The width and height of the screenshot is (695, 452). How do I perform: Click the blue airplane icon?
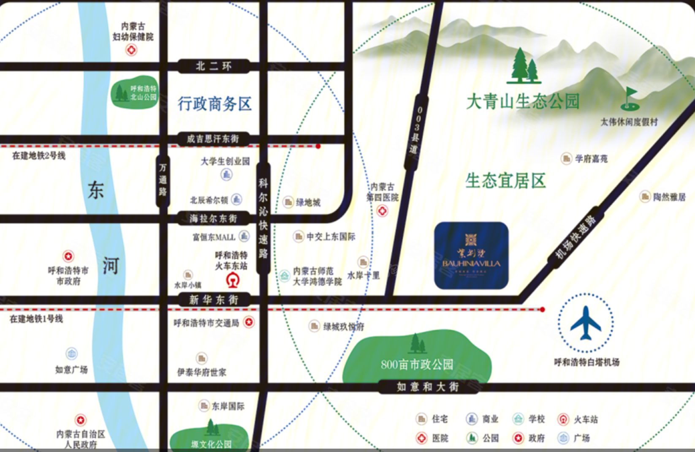pos(586,323)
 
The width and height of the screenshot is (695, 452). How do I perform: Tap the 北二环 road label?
pos(214,66)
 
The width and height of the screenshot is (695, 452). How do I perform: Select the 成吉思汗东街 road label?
pos(213,139)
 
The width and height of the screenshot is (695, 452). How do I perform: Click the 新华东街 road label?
pos(214,300)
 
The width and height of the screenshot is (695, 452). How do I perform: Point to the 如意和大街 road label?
pos(428,387)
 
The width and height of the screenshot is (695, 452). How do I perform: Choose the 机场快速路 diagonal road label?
pos(576,237)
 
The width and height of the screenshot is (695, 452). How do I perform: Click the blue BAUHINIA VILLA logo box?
pos(471,256)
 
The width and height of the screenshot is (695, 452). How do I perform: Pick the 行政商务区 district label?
pos(214,104)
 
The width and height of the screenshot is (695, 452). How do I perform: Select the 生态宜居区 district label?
pos(505,181)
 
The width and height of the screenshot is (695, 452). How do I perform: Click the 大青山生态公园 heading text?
pos(523,102)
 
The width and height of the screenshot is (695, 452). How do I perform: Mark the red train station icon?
pos(233,280)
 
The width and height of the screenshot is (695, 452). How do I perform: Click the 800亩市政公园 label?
pos(417,364)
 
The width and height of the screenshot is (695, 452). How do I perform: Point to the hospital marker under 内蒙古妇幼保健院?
pos(132,50)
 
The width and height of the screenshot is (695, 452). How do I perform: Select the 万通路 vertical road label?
pos(163,180)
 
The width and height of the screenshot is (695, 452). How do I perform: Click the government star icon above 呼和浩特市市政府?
pos(68,256)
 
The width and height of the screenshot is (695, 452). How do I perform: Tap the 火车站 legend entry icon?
pos(563,419)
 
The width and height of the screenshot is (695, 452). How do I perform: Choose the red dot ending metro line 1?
pos(543,310)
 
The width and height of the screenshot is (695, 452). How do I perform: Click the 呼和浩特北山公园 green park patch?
pos(135,93)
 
